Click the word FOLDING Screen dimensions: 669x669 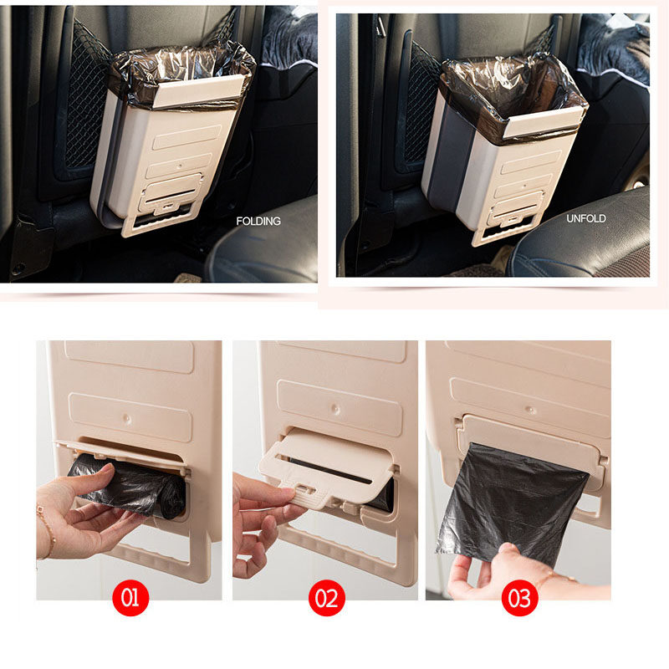pos(258,221)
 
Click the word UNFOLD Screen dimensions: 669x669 pos(586,218)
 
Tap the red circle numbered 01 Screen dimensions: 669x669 pos(130,597)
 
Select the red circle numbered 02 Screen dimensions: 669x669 pos(327,598)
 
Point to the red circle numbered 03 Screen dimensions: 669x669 pos(519,598)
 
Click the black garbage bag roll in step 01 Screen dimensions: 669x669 pos(128,485)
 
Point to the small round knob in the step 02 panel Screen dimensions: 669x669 pos(336,410)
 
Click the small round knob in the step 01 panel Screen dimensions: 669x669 pos(127,418)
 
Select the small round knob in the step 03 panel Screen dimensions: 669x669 pos(531,411)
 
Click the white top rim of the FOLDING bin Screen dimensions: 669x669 pos(197,91)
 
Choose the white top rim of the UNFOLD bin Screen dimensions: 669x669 pos(543,123)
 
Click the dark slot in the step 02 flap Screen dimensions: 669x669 pos(329,471)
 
